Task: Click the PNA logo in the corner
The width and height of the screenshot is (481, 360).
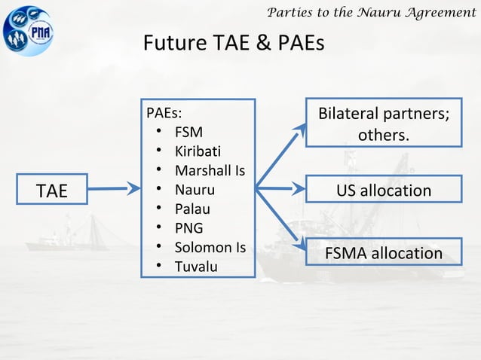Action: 29,29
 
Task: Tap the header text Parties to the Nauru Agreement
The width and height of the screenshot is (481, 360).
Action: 372,11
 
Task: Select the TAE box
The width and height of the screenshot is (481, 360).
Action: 52,190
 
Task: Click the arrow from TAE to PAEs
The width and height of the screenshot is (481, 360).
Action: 114,189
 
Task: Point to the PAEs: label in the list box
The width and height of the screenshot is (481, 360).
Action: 164,114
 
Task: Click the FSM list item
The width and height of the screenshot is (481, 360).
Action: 188,133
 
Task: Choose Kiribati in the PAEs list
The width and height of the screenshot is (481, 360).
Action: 198,151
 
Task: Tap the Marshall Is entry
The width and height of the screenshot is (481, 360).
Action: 210,170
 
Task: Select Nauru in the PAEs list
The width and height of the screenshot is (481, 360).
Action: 195,189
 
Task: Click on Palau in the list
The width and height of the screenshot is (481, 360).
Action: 192,209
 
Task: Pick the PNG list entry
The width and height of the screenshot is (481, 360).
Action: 188,227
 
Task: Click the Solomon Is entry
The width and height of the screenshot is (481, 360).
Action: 210,246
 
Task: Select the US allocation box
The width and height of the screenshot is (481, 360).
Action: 383,190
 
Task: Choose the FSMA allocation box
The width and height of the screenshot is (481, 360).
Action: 383,253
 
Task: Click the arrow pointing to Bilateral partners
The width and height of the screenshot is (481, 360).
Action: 282,155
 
